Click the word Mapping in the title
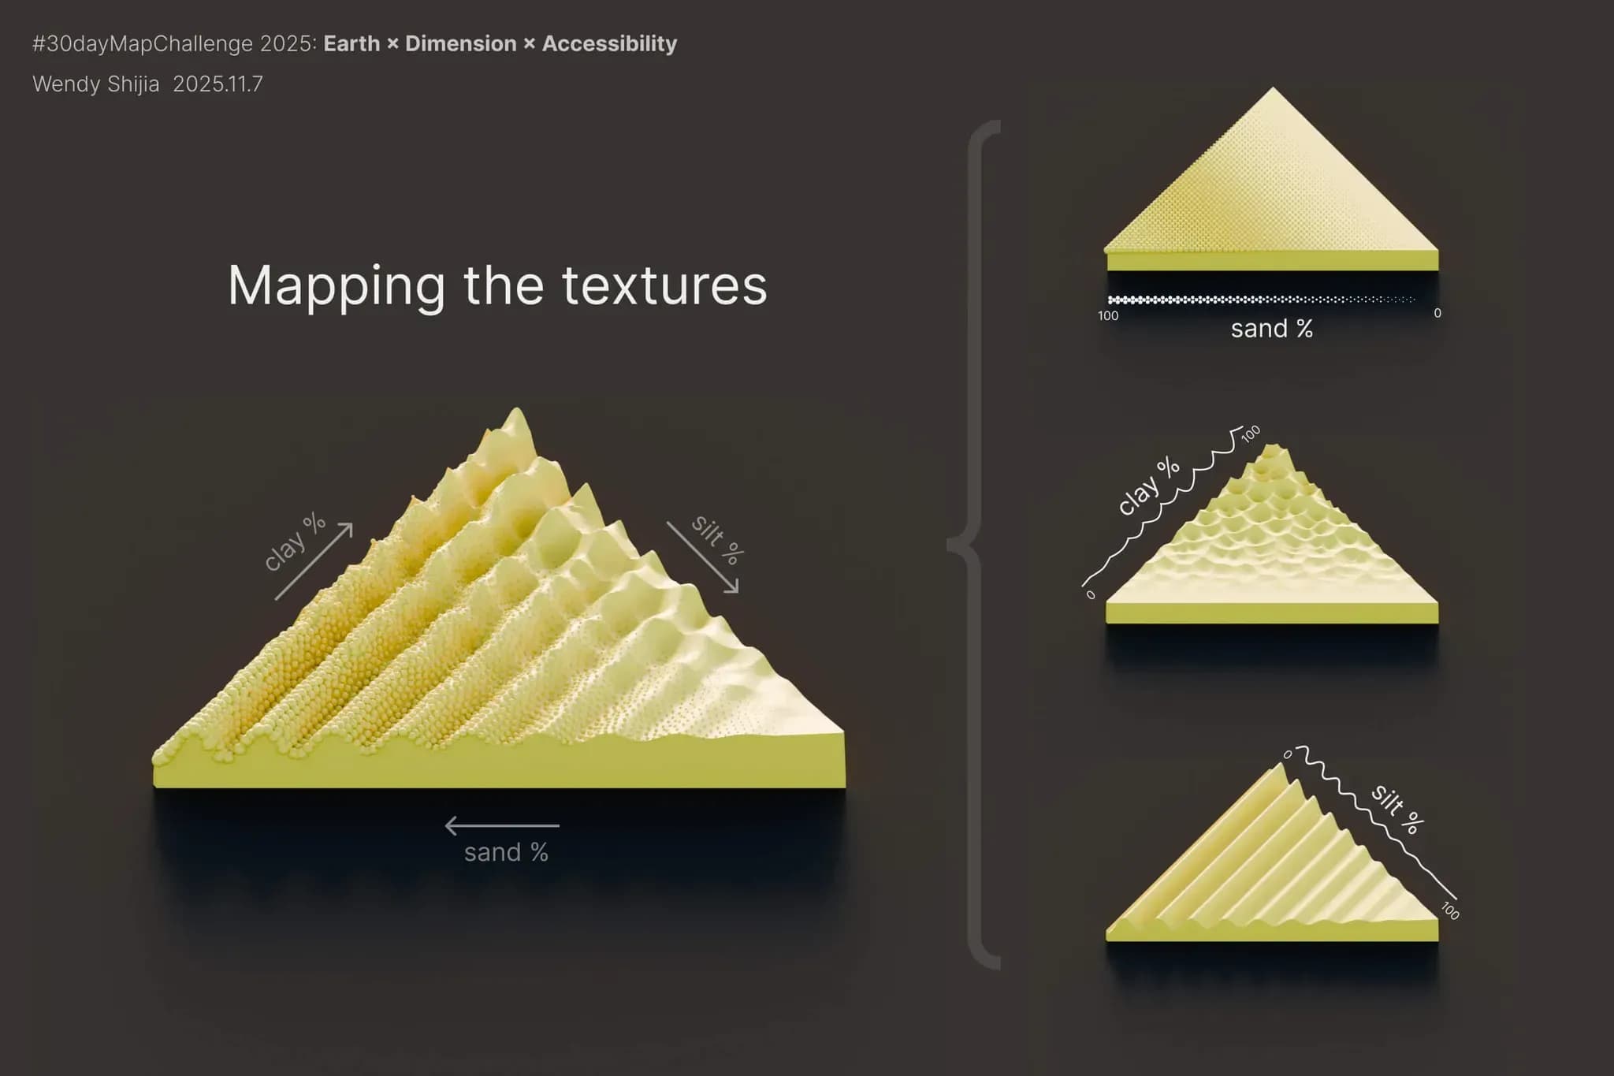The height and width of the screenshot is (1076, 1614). click(x=337, y=287)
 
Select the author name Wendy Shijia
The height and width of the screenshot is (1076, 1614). click(x=96, y=84)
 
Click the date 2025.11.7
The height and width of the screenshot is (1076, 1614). click(x=218, y=84)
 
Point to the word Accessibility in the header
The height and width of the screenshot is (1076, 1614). click(x=609, y=43)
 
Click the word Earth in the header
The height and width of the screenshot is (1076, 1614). click(x=352, y=43)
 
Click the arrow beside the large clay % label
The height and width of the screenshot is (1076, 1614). click(x=314, y=561)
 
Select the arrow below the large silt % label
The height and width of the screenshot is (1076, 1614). click(x=703, y=557)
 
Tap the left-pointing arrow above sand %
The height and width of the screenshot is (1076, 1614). click(x=502, y=825)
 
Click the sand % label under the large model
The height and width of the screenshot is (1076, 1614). click(x=506, y=852)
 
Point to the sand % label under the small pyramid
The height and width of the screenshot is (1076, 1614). click(x=1272, y=329)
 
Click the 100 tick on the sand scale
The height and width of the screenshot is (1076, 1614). click(x=1108, y=315)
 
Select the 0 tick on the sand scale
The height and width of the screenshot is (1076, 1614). click(x=1437, y=313)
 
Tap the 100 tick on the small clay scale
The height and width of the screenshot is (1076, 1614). click(x=1251, y=434)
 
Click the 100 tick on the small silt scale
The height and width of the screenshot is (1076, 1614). click(x=1450, y=910)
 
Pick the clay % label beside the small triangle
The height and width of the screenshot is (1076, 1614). click(x=1149, y=486)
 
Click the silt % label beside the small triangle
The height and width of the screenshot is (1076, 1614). click(x=1397, y=809)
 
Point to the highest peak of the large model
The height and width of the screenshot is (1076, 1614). click(x=517, y=408)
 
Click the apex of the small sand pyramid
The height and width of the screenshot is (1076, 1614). click(x=1273, y=87)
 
